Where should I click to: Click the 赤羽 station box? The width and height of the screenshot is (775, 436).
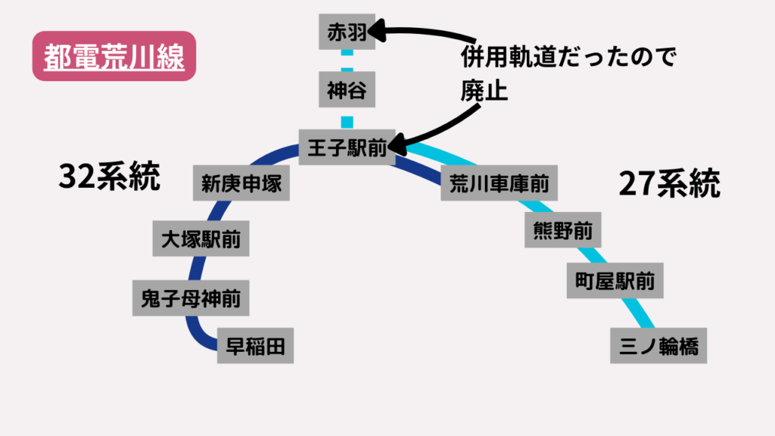point(347,33)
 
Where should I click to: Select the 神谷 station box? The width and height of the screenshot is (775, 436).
point(347,91)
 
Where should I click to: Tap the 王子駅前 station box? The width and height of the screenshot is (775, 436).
point(347,148)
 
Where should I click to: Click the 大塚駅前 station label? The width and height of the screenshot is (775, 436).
point(201,240)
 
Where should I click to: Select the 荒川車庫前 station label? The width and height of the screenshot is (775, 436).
point(499,184)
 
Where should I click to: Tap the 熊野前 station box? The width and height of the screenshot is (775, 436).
point(559,231)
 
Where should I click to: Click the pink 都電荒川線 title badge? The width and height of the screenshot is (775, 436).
point(114,57)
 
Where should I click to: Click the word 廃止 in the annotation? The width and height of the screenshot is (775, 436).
point(483,90)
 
